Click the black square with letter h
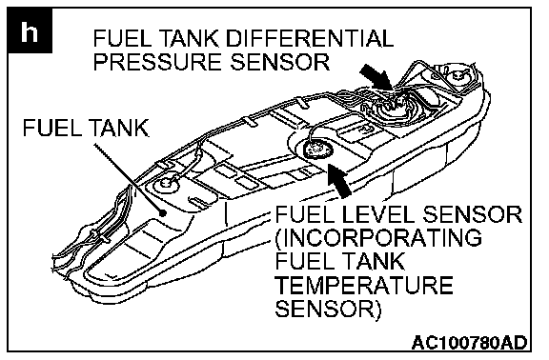coord(30,30)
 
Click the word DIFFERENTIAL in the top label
coord(310,38)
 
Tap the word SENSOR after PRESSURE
coord(280,62)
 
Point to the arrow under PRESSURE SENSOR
coord(377,77)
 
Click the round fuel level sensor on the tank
coord(317,149)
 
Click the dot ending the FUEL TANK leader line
coord(162,212)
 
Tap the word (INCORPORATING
coord(378,238)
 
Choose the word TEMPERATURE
coord(364,285)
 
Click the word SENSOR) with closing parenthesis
coord(328,309)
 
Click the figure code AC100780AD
coord(470,343)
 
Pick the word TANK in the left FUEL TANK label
coord(119,128)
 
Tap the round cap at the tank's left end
coord(165,183)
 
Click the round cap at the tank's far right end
coord(457,75)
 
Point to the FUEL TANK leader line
coord(128,178)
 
